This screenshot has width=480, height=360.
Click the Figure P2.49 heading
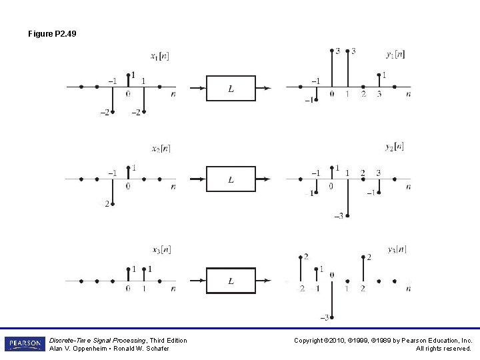tap(52, 33)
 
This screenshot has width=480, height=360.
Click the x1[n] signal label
tap(160, 56)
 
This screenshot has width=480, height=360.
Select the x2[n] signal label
tap(161, 148)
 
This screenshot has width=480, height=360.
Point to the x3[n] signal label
tap(161, 250)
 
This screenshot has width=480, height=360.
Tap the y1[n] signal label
tap(395, 54)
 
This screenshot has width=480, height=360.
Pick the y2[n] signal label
tap(394, 147)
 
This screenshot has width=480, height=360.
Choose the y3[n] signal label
tap(397, 249)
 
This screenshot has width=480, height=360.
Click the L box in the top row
tap(231, 88)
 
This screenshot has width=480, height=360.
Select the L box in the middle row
tap(231, 179)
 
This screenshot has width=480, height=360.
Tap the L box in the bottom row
tap(231, 281)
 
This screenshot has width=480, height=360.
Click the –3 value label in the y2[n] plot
tap(338, 215)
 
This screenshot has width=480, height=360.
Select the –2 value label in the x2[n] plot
tap(105, 203)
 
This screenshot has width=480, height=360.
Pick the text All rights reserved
tap(444, 349)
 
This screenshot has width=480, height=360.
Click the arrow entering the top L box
tap(197, 87)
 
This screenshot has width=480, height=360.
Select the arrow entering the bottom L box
tap(197, 281)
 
